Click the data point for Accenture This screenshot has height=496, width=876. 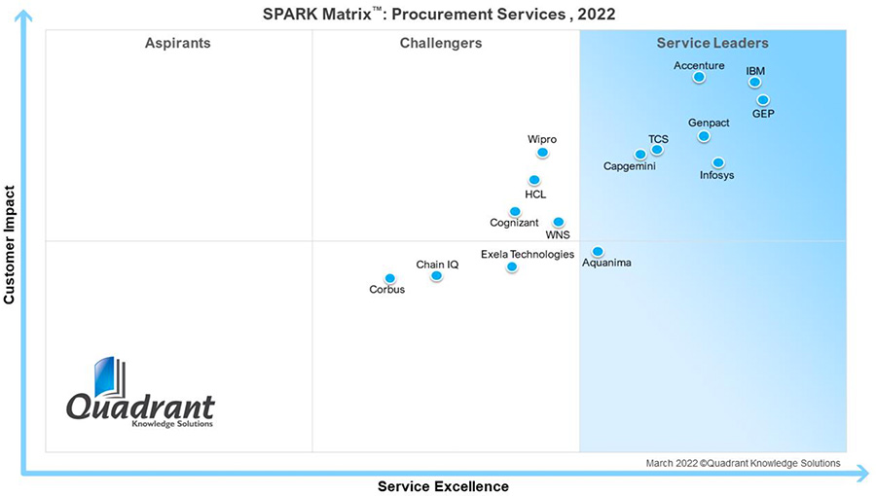coord(699,77)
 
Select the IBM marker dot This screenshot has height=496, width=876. coord(754,83)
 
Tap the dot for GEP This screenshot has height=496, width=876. coord(763,100)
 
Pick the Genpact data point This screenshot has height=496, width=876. coord(704,136)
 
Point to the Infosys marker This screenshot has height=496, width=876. coord(717,163)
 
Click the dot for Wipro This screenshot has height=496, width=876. coord(542,153)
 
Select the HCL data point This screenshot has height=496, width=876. coord(534,180)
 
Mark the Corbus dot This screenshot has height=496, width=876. coord(389,279)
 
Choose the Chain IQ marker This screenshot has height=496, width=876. coord(436,276)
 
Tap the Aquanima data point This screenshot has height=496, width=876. coord(598,252)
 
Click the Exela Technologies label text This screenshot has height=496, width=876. coord(528,254)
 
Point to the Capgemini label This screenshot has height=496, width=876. coord(629,166)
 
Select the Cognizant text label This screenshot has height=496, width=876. coord(514,223)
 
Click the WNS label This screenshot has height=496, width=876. coord(558,234)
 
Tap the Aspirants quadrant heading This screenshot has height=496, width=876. coord(177,43)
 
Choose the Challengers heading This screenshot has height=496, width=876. coord(440,43)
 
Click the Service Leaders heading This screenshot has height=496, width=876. coord(712,43)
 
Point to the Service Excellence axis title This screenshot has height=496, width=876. coord(443,485)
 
